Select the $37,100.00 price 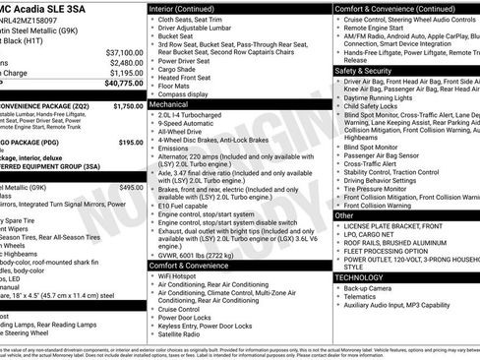[125, 52]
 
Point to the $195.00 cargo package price [131, 143]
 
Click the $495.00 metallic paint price [131, 187]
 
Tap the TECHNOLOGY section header [361, 277]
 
